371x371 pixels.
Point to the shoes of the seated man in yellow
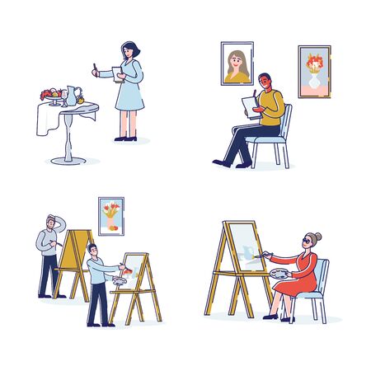221,162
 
